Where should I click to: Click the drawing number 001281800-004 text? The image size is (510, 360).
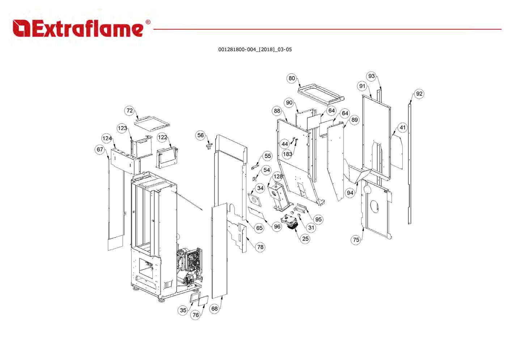click(255, 50)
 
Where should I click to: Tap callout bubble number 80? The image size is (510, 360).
click(292, 78)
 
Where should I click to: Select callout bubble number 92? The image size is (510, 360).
click(419, 94)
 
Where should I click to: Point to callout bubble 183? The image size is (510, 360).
click(287, 154)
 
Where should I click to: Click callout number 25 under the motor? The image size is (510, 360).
click(305, 239)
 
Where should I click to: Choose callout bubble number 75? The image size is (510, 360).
click(356, 240)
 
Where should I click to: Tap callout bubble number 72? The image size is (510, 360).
click(129, 111)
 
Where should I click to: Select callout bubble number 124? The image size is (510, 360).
click(107, 138)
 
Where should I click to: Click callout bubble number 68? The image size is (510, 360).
click(214, 308)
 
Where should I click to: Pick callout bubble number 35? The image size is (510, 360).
click(183, 310)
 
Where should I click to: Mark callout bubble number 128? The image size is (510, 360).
click(278, 176)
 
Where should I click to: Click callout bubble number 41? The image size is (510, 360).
click(403, 127)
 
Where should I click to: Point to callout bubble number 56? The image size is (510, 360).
click(200, 135)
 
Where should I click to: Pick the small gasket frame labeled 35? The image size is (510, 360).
click(196, 297)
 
